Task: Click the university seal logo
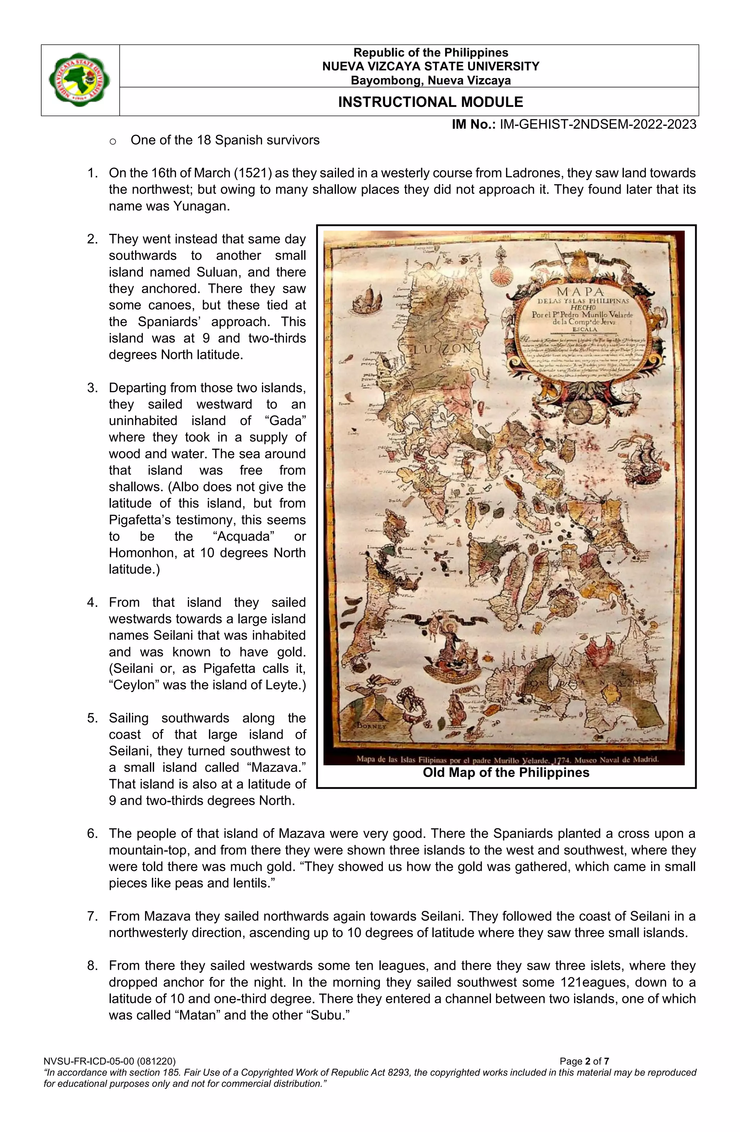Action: click(79, 80)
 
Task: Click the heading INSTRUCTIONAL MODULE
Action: click(430, 102)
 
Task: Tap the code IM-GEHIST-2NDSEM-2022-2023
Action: click(597, 125)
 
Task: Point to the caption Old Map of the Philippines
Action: click(505, 772)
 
